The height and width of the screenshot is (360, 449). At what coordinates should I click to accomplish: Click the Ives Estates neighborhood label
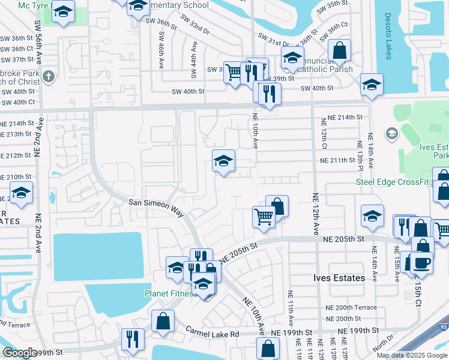(339, 278)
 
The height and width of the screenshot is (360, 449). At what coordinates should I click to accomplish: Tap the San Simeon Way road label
(155, 203)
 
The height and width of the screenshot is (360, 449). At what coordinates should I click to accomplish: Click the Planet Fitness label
(170, 293)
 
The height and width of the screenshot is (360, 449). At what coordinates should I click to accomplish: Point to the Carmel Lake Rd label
(212, 332)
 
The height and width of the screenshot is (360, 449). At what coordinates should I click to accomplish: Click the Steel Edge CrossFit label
(394, 182)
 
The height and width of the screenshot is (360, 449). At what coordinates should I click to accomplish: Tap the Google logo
(20, 353)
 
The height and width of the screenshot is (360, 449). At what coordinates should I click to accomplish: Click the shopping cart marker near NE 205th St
(263, 217)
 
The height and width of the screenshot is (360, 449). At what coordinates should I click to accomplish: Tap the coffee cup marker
(421, 263)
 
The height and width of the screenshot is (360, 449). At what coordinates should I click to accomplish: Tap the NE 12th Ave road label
(315, 213)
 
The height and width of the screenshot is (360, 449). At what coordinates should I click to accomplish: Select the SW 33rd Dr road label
(197, 29)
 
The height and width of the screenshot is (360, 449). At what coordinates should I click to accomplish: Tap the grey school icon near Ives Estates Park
(393, 133)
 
